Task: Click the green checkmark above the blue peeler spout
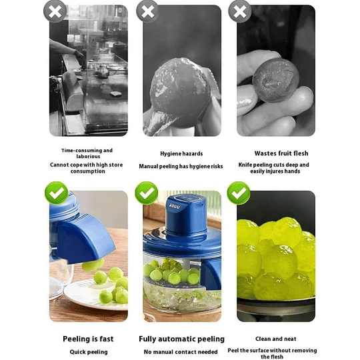click(x=56, y=193)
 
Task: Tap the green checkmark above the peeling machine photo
click(x=147, y=193)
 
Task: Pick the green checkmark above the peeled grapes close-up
click(x=238, y=193)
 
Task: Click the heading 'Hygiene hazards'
click(x=181, y=153)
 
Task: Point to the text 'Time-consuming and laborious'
click(x=87, y=153)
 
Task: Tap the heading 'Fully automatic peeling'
click(x=181, y=339)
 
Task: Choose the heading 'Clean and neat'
click(x=275, y=339)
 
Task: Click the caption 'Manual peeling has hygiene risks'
click(x=181, y=166)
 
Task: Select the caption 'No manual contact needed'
click(x=181, y=351)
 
